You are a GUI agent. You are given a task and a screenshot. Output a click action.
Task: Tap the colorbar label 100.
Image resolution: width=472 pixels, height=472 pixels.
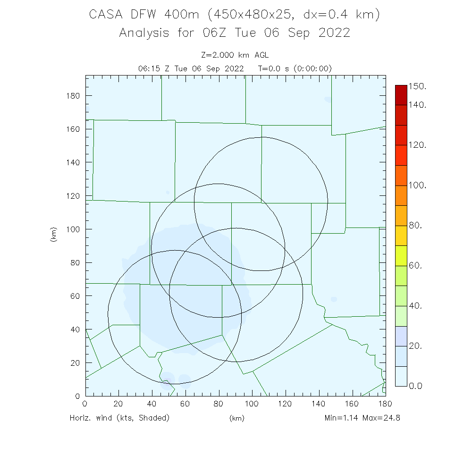417,185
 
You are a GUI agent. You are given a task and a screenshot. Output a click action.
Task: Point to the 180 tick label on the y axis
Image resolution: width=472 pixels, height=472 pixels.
73,96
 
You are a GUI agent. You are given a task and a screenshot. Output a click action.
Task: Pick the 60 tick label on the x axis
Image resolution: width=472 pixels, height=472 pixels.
185,404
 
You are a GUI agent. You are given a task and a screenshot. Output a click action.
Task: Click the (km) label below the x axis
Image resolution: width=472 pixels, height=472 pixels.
236,418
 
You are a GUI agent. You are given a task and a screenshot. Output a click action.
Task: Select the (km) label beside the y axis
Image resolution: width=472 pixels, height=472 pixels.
53,235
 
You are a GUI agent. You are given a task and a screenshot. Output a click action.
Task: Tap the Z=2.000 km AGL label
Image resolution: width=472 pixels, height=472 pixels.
235,56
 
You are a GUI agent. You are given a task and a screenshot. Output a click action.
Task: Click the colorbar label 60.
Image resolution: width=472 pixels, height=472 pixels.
415,266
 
